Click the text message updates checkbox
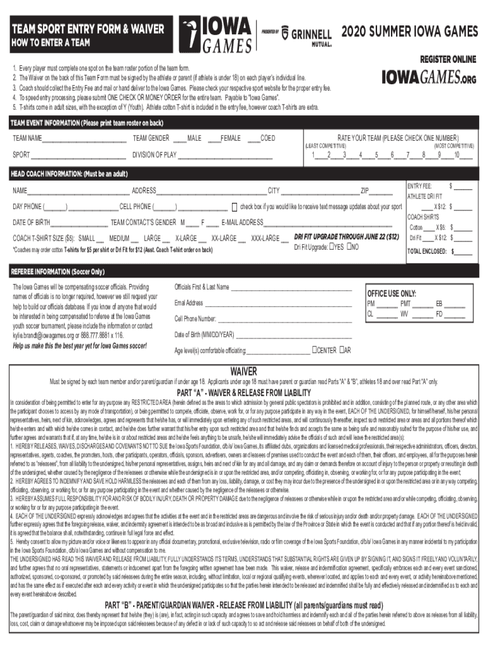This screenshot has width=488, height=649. click(x=234, y=207)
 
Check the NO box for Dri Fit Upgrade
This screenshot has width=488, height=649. click(x=348, y=247)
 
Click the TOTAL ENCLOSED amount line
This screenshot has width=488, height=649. click(x=463, y=252)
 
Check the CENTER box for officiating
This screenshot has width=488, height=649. click(x=314, y=350)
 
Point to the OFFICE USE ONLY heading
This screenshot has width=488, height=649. click(x=392, y=293)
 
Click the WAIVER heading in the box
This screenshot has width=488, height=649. click(x=243, y=371)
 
